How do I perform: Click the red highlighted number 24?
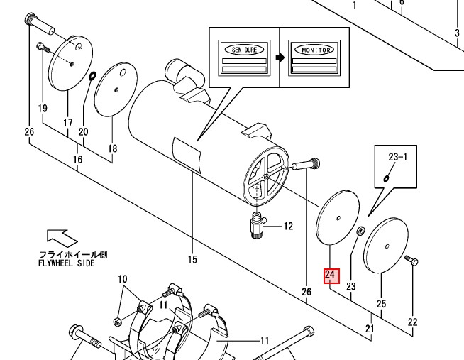[x=331, y=276]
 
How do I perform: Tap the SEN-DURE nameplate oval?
[x=244, y=50]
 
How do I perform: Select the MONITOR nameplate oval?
[x=314, y=50]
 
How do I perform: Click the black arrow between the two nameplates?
[x=280, y=57]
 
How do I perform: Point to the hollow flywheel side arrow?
[x=62, y=238]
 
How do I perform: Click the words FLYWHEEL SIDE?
[x=67, y=263]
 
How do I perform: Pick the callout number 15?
[x=192, y=259]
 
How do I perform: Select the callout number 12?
[x=288, y=227]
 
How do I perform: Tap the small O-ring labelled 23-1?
[x=386, y=178]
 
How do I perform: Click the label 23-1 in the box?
[x=398, y=157]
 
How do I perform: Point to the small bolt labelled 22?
[x=411, y=260]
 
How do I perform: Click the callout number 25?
[x=381, y=304]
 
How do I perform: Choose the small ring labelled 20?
[x=92, y=77]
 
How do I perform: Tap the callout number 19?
[x=43, y=108]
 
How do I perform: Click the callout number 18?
[x=112, y=148]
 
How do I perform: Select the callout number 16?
[x=77, y=160]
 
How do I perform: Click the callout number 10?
[x=123, y=279]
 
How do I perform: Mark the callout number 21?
[x=370, y=328]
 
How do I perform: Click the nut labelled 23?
[x=360, y=231]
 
